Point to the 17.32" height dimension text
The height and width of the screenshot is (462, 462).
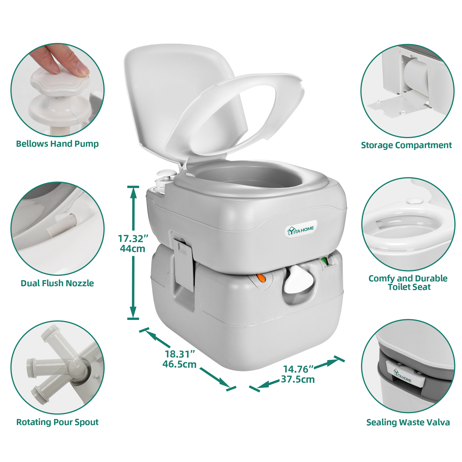click(x=133, y=239)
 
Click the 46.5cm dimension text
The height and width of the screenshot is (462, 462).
click(x=179, y=364)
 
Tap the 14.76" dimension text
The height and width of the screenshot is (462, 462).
click(x=298, y=369)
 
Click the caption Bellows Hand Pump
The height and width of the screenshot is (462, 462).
click(x=57, y=144)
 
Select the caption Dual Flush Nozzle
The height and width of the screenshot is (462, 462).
click(x=57, y=283)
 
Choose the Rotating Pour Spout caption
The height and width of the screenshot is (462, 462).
click(x=57, y=422)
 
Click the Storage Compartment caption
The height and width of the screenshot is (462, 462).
click(x=406, y=145)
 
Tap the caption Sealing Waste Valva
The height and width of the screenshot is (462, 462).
click(x=408, y=422)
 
